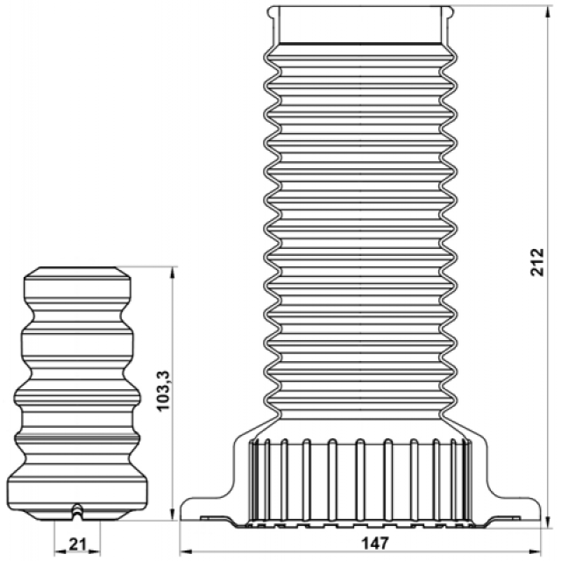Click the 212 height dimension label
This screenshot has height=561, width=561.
537,262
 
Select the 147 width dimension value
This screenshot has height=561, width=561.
374,543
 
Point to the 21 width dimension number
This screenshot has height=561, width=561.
77,544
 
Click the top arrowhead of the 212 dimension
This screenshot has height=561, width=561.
548,13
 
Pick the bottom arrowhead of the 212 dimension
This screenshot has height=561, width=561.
548,522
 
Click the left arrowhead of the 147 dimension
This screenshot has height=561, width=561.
186,551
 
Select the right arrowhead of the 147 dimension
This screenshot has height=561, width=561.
534,551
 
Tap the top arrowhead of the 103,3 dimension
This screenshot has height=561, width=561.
173,273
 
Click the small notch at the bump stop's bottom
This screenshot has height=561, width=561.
77,512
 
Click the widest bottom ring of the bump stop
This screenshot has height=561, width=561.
77,490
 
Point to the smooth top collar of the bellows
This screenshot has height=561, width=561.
360,25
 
